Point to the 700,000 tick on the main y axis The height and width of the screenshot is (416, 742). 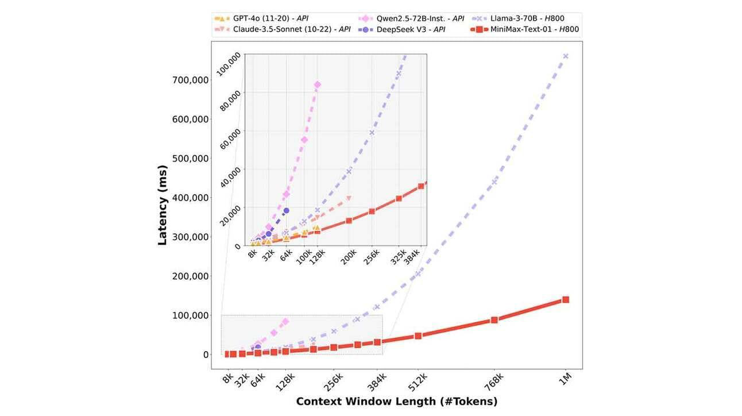[190, 80]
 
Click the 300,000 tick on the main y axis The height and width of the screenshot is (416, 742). [190, 237]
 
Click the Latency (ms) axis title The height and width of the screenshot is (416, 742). [163, 205]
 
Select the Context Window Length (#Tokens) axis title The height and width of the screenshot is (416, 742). [397, 402]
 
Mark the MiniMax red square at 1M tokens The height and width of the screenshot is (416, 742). [566, 299]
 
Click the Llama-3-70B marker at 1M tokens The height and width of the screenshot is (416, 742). [566, 56]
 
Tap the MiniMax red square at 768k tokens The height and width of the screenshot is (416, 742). [494, 320]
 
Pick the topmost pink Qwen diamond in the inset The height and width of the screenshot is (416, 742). [318, 85]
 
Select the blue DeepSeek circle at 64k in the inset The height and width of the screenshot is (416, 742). [286, 211]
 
